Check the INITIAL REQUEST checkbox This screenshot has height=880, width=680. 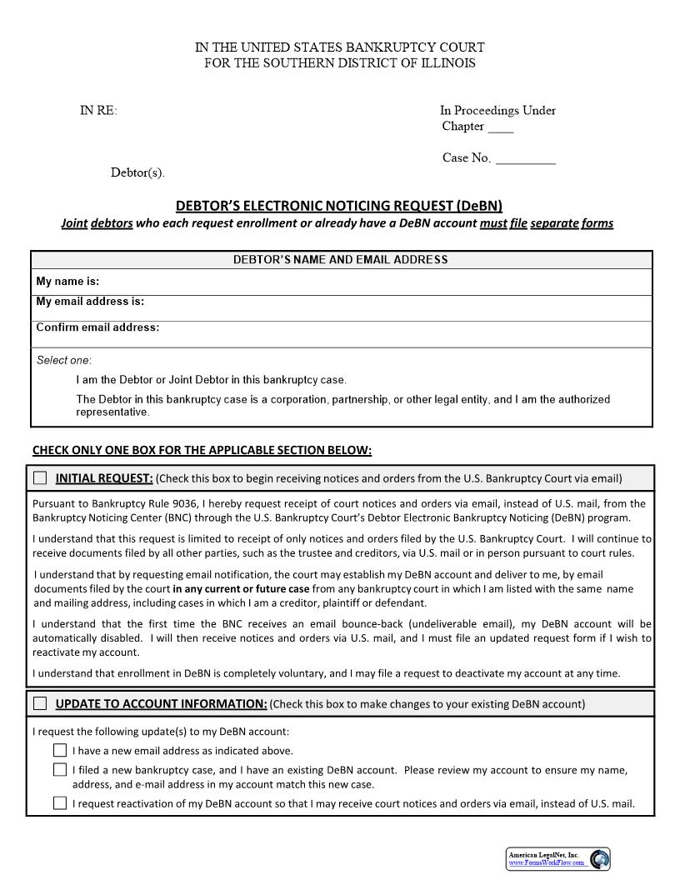[40, 477]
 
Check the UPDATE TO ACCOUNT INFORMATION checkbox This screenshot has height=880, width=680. [40, 703]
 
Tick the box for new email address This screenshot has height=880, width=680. [60, 750]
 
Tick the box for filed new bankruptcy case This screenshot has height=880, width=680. [60, 770]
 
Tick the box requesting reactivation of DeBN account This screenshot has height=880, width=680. [60, 803]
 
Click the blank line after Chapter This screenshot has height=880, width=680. [500, 128]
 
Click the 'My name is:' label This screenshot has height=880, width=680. [67, 282]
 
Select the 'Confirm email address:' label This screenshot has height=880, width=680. [97, 327]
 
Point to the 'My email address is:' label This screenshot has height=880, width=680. [90, 302]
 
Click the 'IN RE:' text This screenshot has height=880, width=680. [98, 111]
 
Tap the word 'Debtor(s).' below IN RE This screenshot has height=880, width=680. [137, 173]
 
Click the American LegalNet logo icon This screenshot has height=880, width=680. [598, 859]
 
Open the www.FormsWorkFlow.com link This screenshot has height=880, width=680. [547, 863]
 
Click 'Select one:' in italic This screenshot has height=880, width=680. [64, 360]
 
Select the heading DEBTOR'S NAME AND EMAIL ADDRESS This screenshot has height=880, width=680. [340, 260]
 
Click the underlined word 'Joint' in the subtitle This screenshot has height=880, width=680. [74, 223]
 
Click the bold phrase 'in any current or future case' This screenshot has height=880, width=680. [241, 588]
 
